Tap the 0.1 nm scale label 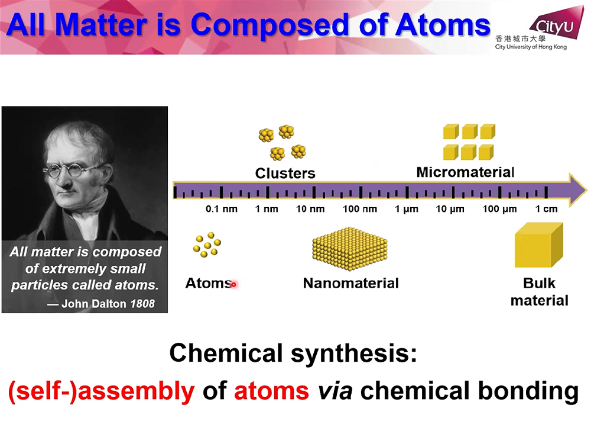tap(222, 209)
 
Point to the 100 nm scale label tap(360, 209)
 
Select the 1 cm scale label tap(547, 209)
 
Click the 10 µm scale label tap(450, 209)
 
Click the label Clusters tap(285, 173)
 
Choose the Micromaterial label tap(466, 172)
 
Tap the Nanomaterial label tap(351, 283)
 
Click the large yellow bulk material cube tap(539, 245)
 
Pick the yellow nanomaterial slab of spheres tap(350, 249)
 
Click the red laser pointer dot tap(233, 284)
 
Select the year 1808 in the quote tap(142, 304)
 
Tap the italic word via tap(336, 390)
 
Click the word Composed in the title tap(271, 25)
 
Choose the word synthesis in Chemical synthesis tap(354, 354)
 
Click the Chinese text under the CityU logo tap(521, 38)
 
